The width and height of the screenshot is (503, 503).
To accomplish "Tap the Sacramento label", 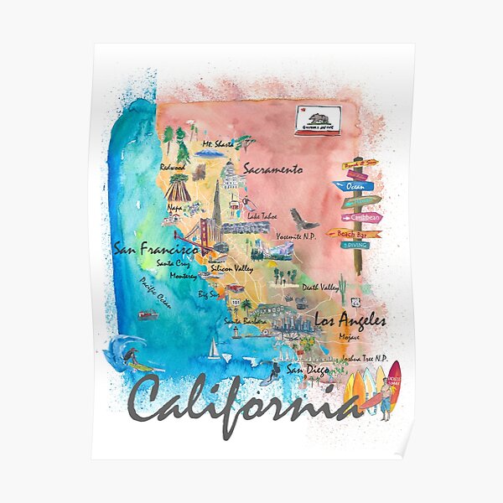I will [x=272, y=169].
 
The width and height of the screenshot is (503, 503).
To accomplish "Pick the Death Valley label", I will [x=319, y=287].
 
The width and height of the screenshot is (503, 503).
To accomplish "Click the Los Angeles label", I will [x=350, y=319].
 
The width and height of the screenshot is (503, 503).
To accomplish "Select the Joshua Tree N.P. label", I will [x=363, y=358].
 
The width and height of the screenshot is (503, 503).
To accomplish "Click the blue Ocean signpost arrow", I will [x=352, y=185].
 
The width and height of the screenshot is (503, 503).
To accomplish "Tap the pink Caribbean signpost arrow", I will [x=362, y=218].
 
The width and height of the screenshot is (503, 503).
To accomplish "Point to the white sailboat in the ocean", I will [x=215, y=348].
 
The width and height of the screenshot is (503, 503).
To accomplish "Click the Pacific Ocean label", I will [x=154, y=294].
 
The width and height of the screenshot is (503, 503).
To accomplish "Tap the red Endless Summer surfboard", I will [x=394, y=383].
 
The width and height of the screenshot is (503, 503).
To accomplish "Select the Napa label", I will [x=175, y=205].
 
